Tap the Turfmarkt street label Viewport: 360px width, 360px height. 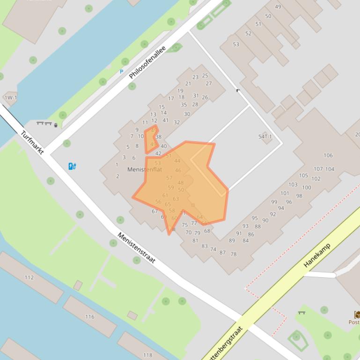(x=32, y=143)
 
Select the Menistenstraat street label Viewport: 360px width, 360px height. (x=136, y=248)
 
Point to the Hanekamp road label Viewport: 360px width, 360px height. (x=317, y=255)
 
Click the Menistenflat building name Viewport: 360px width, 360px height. (x=145, y=169)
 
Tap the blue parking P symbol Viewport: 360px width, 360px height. (x=121, y=72)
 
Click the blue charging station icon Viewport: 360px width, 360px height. (x=72, y=166)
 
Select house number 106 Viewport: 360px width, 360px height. (x=328, y=155)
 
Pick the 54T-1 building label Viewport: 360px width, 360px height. (x=265, y=137)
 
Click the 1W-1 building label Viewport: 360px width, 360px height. (x=10, y=98)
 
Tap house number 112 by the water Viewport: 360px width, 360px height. (x=29, y=277)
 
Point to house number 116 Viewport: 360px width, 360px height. (x=89, y=317)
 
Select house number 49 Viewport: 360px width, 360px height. (x=278, y=7)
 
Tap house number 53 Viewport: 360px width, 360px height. (x=236, y=44)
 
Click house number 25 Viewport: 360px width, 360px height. (x=205, y=75)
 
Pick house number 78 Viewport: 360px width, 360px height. (x=234, y=254)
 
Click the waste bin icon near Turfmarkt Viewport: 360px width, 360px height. (x=56, y=125)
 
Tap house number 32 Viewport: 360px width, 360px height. (x=176, y=122)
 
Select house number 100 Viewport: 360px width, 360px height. (x=306, y=187)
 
